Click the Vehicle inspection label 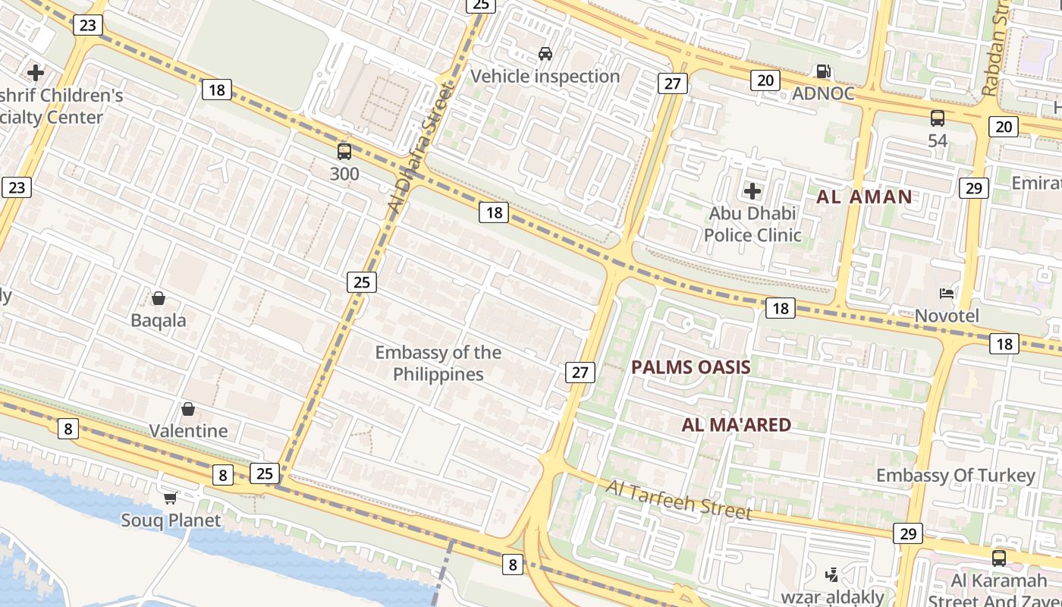click(545, 76)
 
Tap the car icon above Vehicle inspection click(545, 53)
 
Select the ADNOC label click(823, 93)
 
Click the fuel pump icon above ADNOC click(823, 71)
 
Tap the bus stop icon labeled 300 click(344, 151)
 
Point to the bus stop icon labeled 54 click(938, 118)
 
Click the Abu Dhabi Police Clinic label click(753, 224)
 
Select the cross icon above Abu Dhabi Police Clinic click(753, 190)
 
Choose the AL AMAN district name click(864, 197)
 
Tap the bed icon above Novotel click(947, 294)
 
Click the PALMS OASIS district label click(691, 367)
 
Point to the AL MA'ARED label click(737, 425)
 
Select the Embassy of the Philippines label click(438, 363)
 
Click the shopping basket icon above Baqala click(159, 298)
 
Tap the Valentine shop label click(188, 431)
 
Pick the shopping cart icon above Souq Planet click(171, 498)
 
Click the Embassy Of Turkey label click(956, 476)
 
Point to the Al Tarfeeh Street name click(679, 498)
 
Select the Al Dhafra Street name click(419, 148)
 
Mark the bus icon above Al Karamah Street click(999, 558)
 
